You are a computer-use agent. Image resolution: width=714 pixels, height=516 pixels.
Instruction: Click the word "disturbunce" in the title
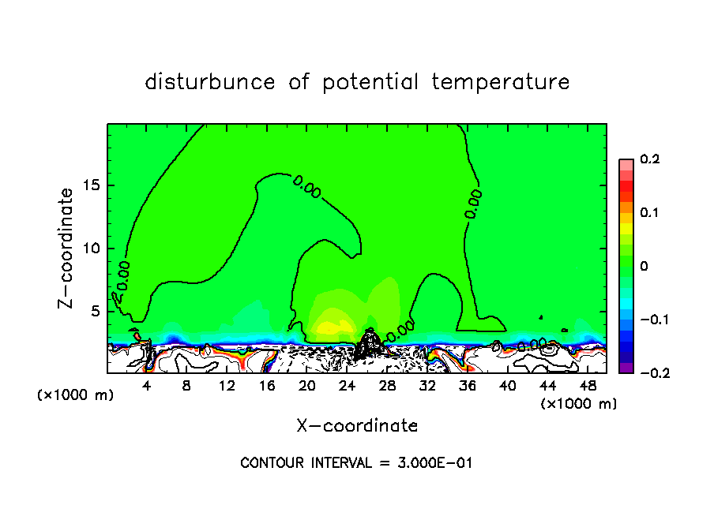(210, 82)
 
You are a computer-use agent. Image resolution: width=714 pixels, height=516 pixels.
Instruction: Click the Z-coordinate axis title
(69, 248)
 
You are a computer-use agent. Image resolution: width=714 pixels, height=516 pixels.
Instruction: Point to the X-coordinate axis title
(357, 426)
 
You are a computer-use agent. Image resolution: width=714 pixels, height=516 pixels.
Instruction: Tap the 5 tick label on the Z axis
(95, 311)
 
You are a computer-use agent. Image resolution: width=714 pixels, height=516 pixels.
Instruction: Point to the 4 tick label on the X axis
(147, 385)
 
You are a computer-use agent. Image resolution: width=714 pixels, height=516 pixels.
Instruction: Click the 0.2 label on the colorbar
(649, 159)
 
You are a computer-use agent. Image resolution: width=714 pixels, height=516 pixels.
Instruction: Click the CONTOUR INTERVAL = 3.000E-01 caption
(356, 463)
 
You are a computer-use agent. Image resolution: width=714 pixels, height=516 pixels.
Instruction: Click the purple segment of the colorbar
(626, 367)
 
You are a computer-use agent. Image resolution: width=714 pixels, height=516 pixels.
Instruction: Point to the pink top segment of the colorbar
(626, 163)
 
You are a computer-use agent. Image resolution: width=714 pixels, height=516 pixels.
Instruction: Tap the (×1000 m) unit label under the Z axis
(76, 395)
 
